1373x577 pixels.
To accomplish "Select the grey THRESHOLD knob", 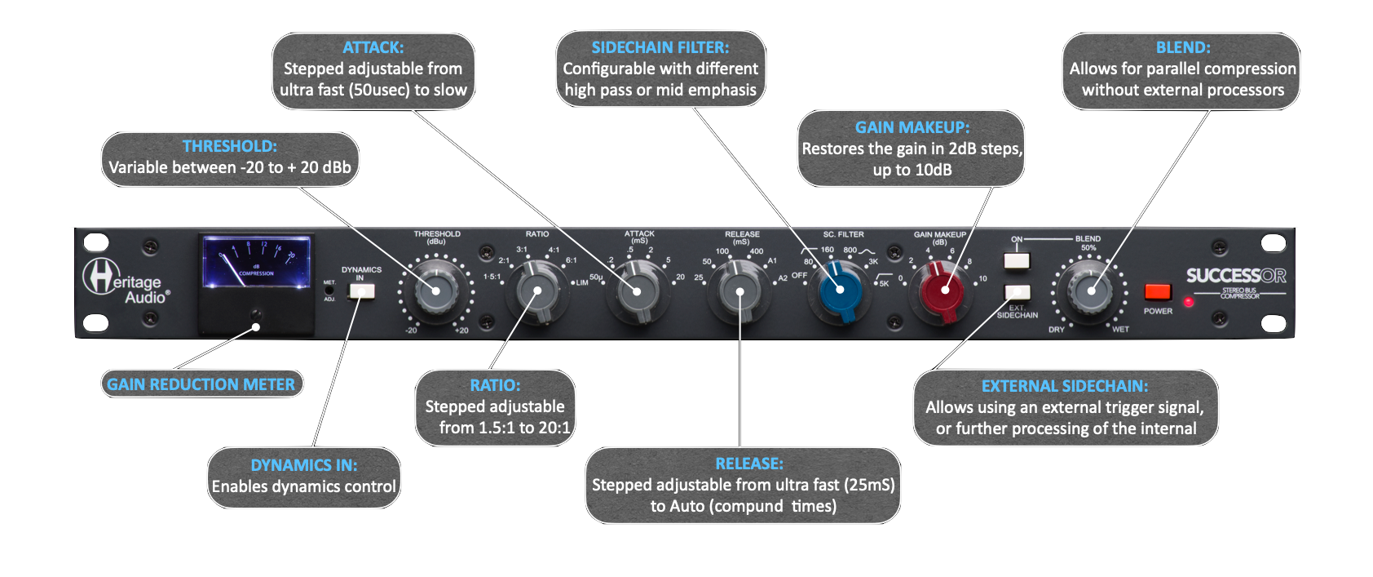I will (x=435, y=291).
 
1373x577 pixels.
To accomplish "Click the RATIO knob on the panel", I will (x=537, y=291).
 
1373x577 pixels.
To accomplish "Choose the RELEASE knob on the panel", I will (x=739, y=291).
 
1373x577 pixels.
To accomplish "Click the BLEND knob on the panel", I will (x=1089, y=290).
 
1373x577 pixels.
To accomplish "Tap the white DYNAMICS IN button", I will (x=361, y=291).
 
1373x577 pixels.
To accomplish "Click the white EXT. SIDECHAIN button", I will (x=1017, y=293).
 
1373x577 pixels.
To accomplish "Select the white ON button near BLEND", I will (x=1017, y=261).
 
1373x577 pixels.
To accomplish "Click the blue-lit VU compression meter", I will (x=256, y=262).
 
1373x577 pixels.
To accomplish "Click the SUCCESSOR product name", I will (x=1235, y=276).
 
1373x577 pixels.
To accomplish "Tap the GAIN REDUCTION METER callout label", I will (x=201, y=384).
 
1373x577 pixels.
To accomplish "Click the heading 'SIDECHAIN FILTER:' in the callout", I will (x=660, y=47).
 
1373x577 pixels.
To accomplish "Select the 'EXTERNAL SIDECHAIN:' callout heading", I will (x=1065, y=386).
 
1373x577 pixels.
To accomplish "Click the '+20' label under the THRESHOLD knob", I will (x=461, y=331).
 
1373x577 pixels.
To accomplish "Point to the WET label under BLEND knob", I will (x=1120, y=330).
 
